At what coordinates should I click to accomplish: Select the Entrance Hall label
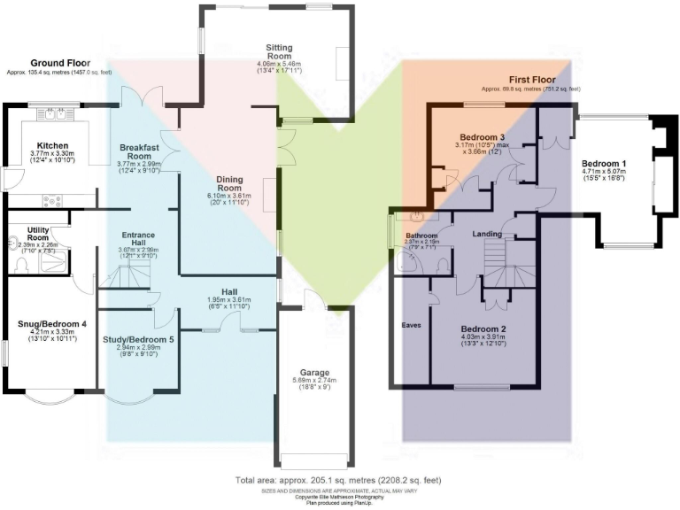click(x=137, y=239)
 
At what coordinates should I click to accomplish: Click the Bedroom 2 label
click(x=482, y=328)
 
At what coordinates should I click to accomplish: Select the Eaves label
click(x=412, y=325)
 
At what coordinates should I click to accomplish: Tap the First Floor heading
click(x=531, y=79)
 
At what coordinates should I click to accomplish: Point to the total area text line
click(x=339, y=480)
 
